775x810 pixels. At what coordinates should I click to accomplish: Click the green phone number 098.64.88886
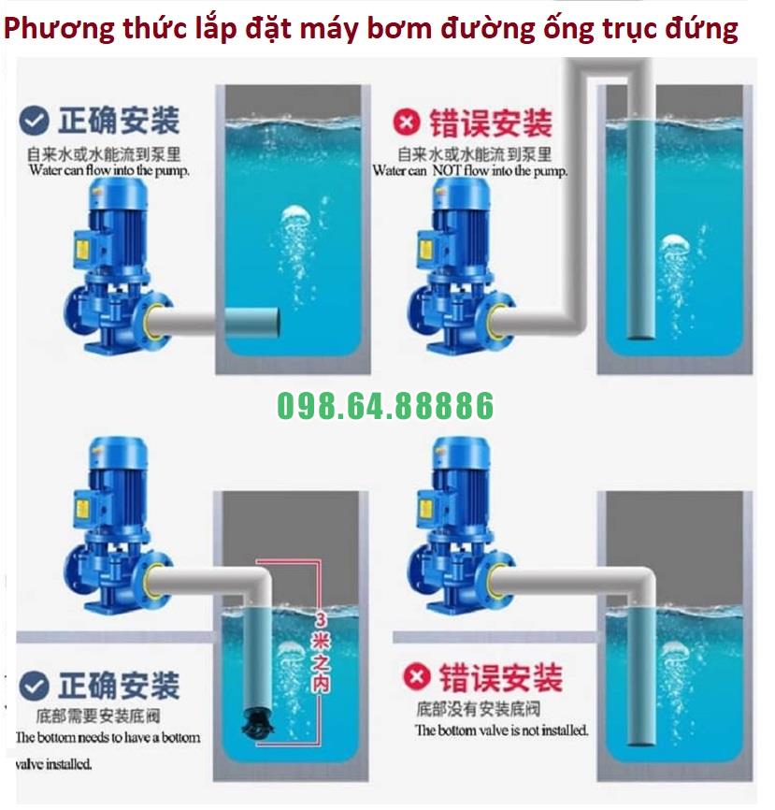tap(385, 406)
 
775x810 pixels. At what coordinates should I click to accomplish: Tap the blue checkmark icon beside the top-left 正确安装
tap(34, 121)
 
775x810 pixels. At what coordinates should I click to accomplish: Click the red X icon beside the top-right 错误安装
tap(407, 123)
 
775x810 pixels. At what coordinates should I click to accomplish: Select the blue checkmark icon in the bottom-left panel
tap(34, 687)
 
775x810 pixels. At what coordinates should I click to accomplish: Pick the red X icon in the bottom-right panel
tap(417, 677)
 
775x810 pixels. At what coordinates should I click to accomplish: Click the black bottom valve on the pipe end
tap(256, 723)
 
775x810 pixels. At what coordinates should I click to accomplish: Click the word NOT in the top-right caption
tap(446, 170)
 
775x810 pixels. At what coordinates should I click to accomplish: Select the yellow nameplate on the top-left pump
tap(82, 249)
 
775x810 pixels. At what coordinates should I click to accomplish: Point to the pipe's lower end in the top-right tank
tap(640, 336)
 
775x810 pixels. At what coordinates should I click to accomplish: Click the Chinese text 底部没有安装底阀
tap(478, 709)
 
